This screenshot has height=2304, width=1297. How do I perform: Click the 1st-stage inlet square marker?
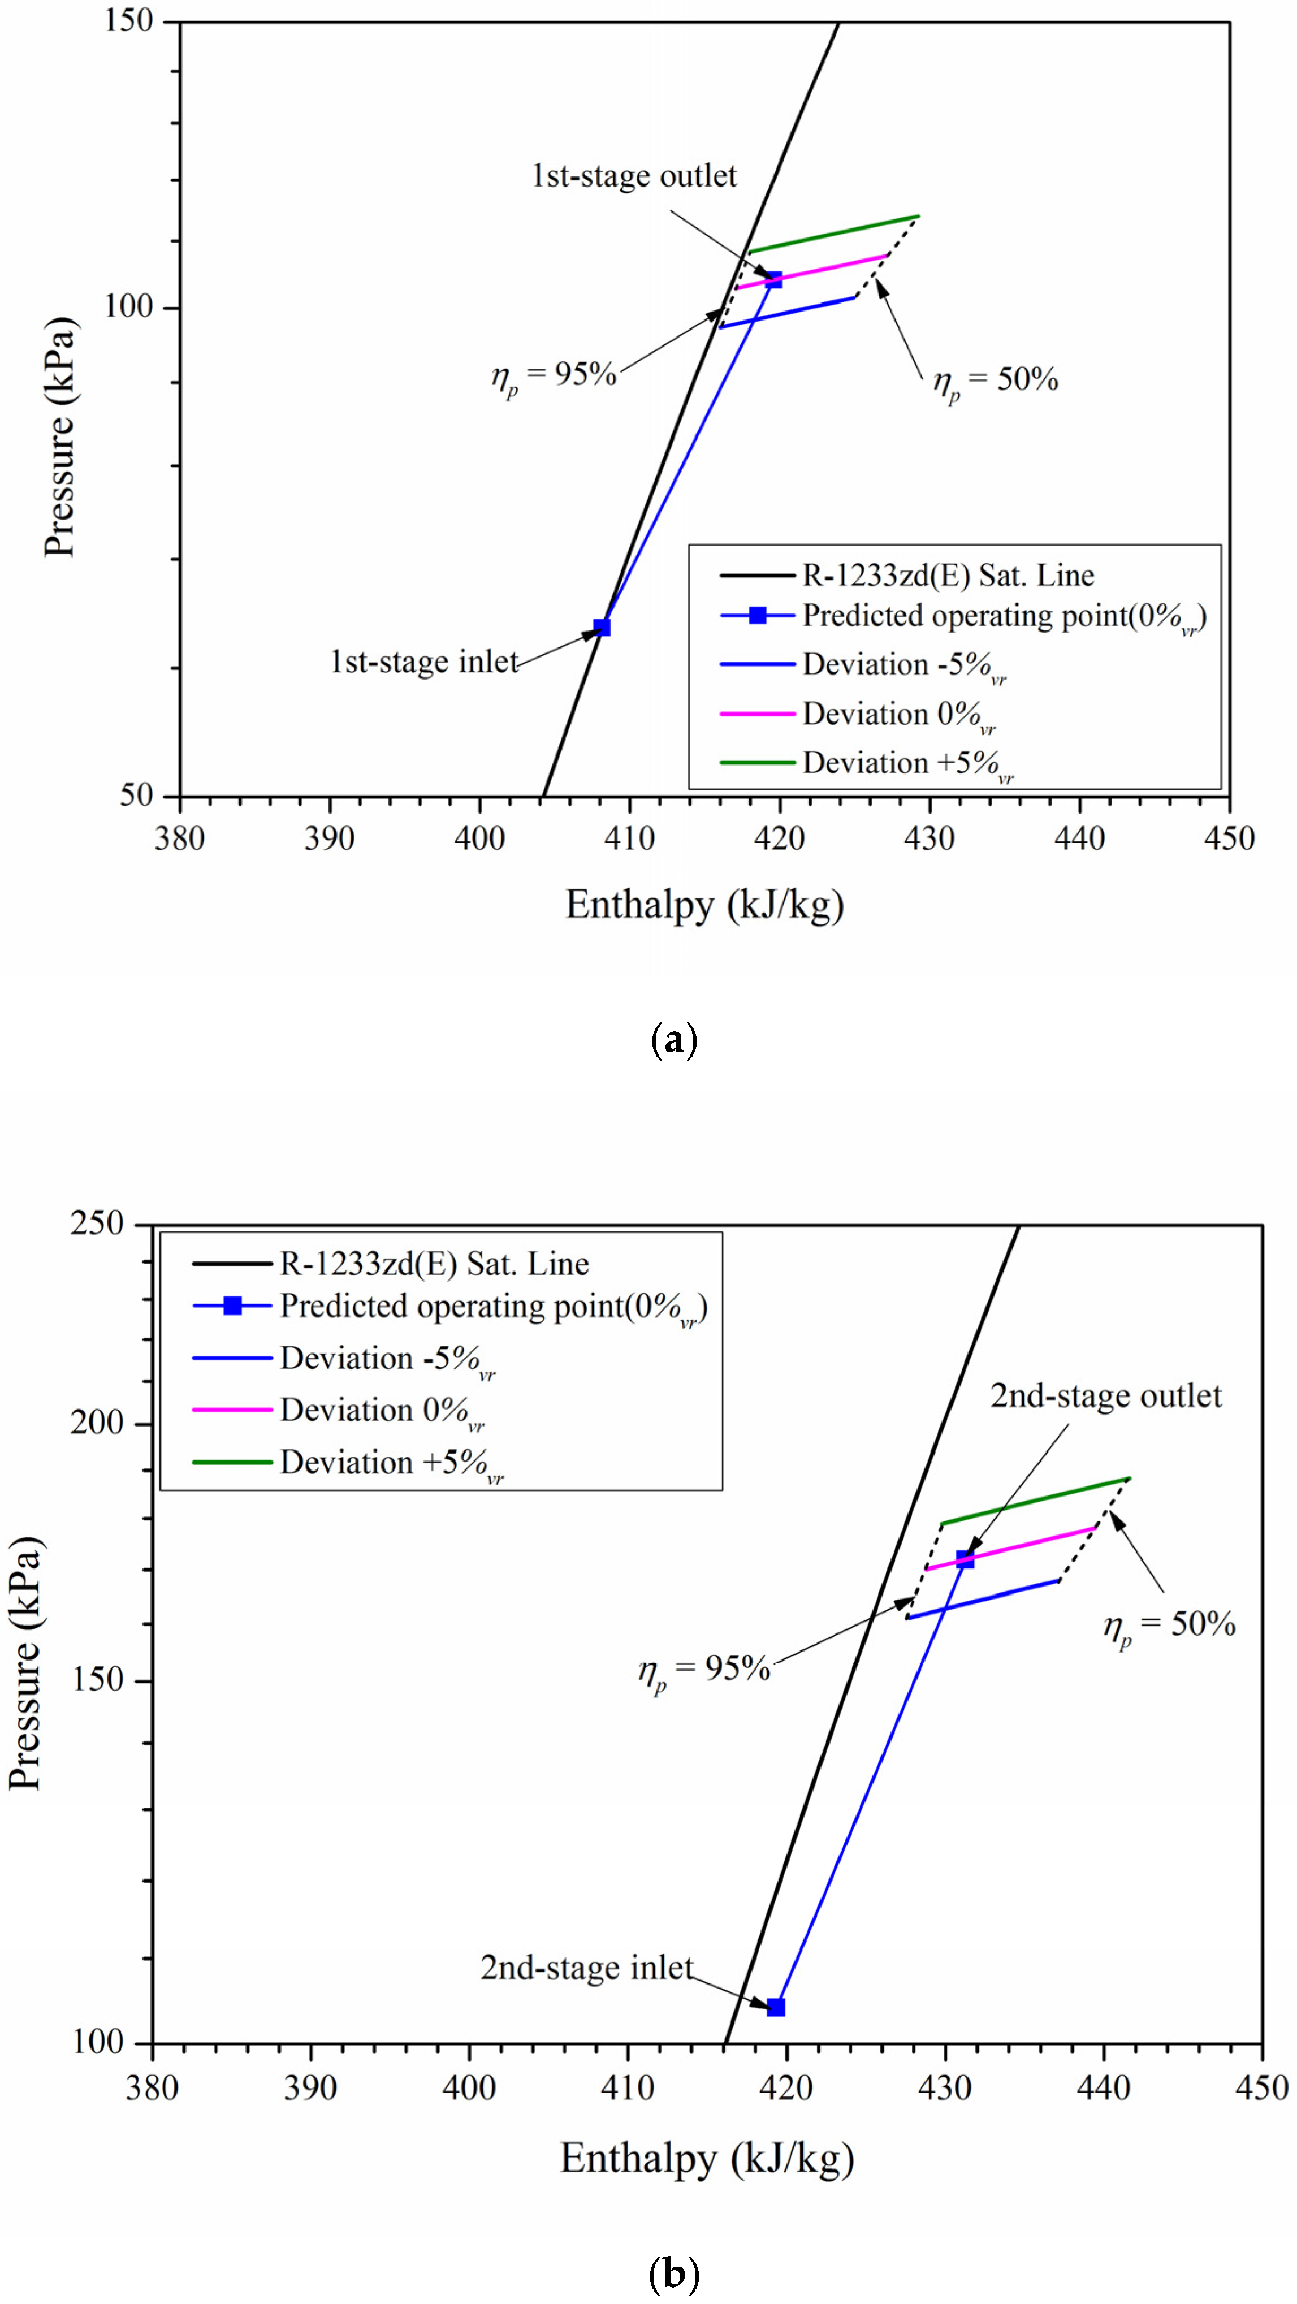(x=602, y=627)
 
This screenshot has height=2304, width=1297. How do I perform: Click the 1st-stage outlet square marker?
(x=773, y=280)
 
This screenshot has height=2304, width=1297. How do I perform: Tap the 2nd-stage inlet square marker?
(x=776, y=2007)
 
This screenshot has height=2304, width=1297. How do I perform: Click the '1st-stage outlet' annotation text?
(x=634, y=176)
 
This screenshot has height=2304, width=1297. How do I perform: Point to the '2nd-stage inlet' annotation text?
(x=586, y=1967)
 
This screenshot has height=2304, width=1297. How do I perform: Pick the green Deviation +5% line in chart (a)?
(x=832, y=234)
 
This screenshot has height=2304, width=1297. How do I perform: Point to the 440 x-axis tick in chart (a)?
(x=1080, y=838)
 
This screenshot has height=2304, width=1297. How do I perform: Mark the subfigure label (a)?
(x=673, y=1040)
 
